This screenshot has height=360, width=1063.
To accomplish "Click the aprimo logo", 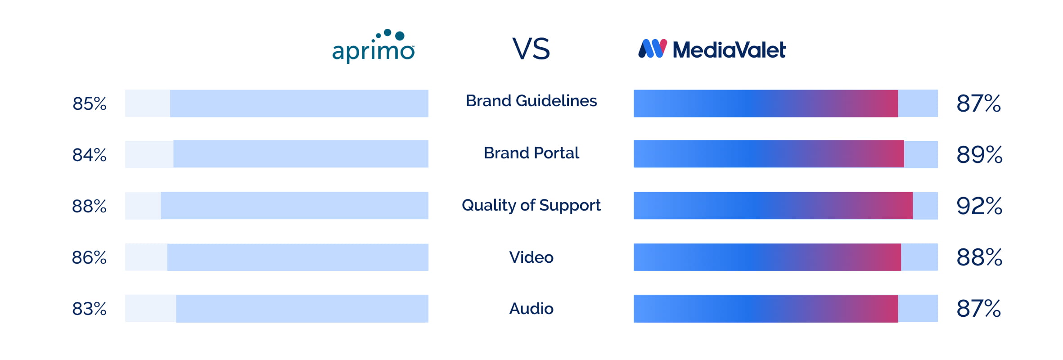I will click(373, 47).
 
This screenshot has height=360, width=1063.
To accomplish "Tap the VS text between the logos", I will click(531, 49).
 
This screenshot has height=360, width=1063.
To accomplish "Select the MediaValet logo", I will click(712, 49).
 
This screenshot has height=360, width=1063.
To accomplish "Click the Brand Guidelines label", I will click(531, 101).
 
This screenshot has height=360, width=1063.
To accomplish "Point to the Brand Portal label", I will click(531, 153).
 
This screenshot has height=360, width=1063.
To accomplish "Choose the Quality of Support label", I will click(531, 205).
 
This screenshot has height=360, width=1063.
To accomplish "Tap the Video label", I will click(531, 257).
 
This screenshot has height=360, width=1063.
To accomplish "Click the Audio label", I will click(531, 309).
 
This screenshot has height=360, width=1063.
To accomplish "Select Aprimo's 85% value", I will click(90, 104).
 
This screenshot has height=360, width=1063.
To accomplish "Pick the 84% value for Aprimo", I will click(90, 155).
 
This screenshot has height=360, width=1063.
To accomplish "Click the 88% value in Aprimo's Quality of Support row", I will click(90, 207).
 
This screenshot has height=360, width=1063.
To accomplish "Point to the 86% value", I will click(90, 258).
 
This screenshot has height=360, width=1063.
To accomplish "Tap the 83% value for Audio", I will click(90, 309).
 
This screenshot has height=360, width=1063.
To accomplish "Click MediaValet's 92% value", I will click(979, 206).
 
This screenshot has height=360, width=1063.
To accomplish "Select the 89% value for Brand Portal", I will click(979, 155).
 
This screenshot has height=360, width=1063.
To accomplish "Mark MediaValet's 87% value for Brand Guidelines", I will click(978, 103).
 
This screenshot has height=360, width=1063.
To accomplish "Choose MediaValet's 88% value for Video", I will click(979, 257).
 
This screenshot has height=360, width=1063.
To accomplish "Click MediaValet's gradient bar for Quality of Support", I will click(773, 206).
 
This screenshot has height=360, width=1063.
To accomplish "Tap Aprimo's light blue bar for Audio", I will click(302, 309).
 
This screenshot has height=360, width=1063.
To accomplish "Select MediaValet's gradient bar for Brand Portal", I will click(769, 154).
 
